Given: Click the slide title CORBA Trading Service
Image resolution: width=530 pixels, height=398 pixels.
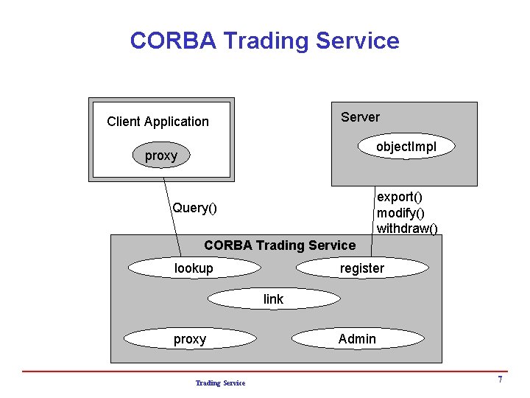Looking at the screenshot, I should [x=264, y=41].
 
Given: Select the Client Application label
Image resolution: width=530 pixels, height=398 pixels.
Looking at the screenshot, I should [x=158, y=122].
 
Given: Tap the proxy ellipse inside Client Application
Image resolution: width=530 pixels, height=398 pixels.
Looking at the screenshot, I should [x=161, y=156].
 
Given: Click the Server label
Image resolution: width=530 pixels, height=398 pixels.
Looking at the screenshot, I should [x=360, y=117].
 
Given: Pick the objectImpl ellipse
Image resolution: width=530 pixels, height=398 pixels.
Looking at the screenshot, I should [x=406, y=147].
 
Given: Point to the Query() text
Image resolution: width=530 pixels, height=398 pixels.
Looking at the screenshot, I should [x=194, y=208].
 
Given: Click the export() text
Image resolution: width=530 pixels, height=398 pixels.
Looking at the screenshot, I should [x=399, y=197].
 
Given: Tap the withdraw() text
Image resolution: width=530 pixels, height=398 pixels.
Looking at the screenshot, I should [x=406, y=228].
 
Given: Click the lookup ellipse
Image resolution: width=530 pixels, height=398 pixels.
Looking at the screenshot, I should [x=193, y=268].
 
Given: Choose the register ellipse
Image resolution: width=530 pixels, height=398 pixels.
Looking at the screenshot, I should [x=361, y=268].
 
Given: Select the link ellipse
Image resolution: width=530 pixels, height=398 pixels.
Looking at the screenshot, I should [x=273, y=298].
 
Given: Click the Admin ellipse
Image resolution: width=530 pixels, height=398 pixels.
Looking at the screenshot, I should [x=357, y=339].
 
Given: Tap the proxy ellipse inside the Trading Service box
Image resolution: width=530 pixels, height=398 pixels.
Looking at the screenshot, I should [x=190, y=339].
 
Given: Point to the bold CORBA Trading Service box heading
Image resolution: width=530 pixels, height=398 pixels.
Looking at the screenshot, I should [x=279, y=245].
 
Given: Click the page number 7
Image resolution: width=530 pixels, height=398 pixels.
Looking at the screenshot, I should [x=500, y=380].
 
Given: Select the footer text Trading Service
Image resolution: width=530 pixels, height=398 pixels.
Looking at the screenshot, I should [x=220, y=383].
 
